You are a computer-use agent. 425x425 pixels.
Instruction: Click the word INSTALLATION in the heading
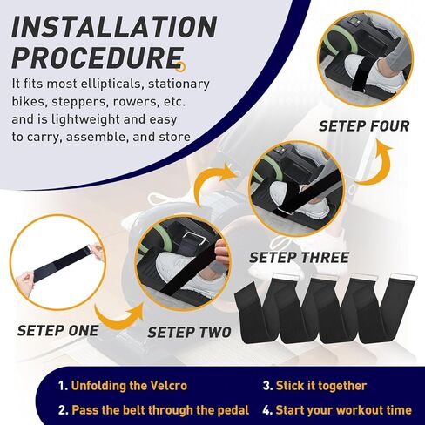point(114,26)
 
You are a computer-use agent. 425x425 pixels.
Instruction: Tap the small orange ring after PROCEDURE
point(181,66)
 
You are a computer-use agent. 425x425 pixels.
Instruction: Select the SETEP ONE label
point(57,331)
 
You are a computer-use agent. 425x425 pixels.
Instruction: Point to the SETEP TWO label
point(189,333)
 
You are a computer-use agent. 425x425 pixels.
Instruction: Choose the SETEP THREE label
point(299,258)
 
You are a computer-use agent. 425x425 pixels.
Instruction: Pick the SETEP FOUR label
point(364,126)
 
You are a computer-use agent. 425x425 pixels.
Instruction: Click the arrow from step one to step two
point(118,318)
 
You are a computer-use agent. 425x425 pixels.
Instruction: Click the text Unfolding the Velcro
point(129,386)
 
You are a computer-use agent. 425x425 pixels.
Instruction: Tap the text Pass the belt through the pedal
point(160,410)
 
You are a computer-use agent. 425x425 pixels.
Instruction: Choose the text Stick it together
point(321,386)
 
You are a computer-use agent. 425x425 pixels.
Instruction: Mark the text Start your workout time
point(343,410)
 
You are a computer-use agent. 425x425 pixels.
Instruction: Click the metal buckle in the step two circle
point(196,239)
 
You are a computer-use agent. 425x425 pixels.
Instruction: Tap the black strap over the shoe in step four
point(360,72)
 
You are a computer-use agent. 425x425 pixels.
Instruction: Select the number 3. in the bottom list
point(267,386)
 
